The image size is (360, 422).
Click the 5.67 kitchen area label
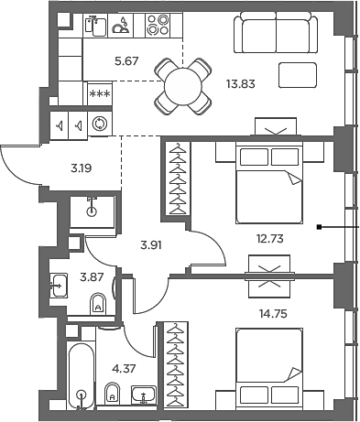(x=100, y=63)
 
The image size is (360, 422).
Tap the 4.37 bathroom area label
(x=121, y=370)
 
